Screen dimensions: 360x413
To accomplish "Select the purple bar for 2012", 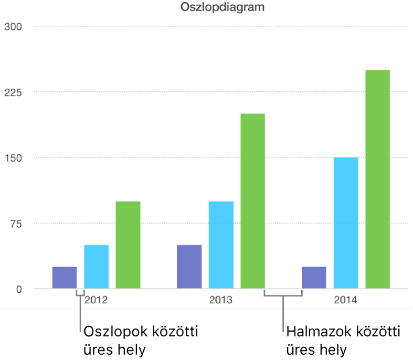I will (65, 278).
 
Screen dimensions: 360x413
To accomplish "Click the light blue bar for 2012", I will (97, 267).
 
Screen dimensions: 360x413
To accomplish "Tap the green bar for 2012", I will (128, 245).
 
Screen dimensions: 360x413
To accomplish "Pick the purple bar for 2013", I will (189, 267).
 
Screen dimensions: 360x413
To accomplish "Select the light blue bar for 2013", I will (221, 245).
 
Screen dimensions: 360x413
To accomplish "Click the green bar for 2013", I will (252, 201).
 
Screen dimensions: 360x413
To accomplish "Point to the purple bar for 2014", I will (314, 278).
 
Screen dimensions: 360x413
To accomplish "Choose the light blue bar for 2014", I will (346, 223).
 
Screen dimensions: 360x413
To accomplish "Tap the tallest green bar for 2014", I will (377, 179).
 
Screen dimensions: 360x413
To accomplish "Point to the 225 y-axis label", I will (13, 92).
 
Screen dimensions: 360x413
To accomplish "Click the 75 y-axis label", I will (15, 224).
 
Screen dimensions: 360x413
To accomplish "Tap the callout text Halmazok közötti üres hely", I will (343, 340).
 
